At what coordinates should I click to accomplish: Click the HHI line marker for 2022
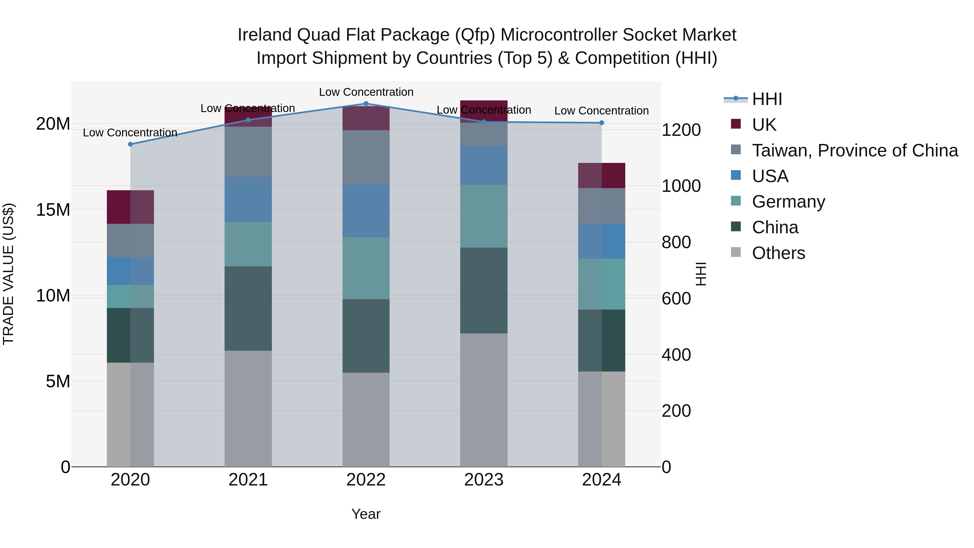[x=366, y=104]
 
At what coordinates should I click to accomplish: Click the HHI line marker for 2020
[x=130, y=144]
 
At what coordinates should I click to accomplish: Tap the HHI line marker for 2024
[x=601, y=123]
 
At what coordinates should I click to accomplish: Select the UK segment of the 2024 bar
[x=601, y=175]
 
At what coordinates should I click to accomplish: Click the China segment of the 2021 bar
[x=248, y=308]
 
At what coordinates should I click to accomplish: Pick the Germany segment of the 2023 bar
[x=483, y=216]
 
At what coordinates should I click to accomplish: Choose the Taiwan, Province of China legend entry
[x=854, y=150]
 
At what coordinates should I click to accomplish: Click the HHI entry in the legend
[x=766, y=99]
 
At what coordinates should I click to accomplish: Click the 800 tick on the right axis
[x=676, y=242]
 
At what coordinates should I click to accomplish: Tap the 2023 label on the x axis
[x=483, y=480]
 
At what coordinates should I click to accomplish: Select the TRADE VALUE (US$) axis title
[x=8, y=274]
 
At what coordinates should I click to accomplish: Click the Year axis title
[x=366, y=514]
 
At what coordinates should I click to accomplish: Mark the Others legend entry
[x=778, y=253]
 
